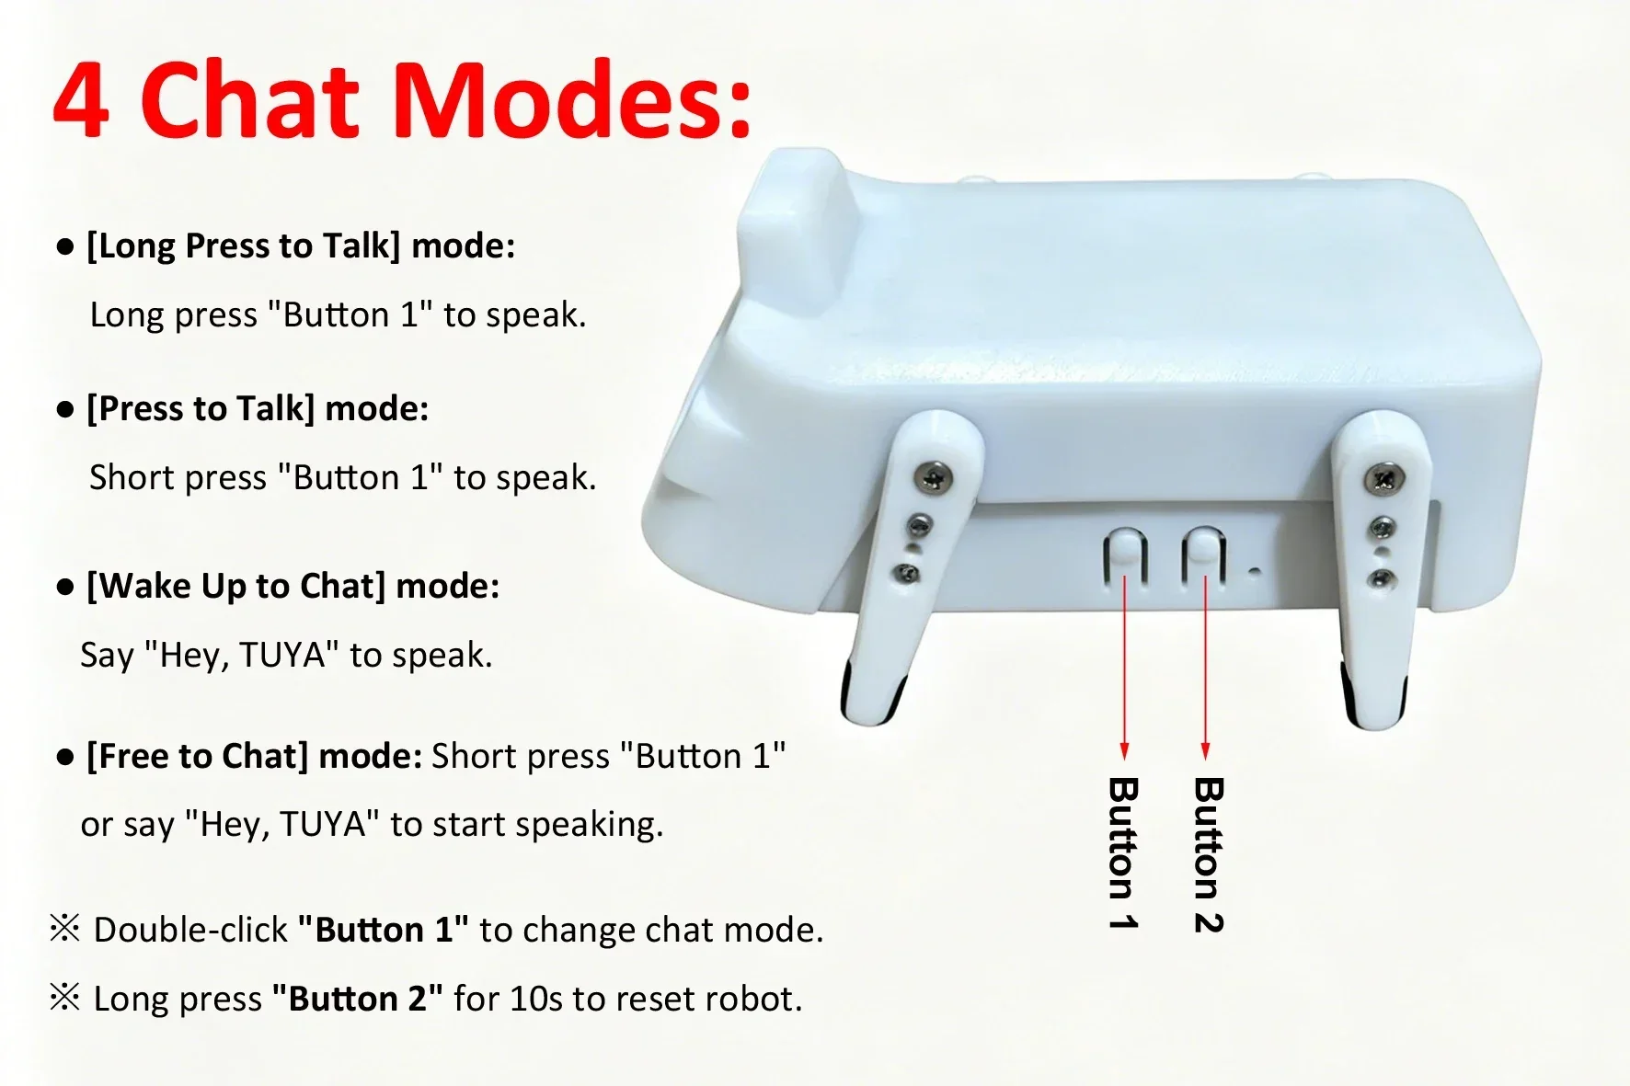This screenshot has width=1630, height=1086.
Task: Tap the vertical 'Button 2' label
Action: click(x=1208, y=855)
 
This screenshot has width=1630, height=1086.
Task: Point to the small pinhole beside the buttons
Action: click(x=1255, y=573)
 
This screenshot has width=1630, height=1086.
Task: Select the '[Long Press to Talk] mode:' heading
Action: click(x=301, y=246)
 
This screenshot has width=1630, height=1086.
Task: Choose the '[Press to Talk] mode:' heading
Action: click(x=258, y=409)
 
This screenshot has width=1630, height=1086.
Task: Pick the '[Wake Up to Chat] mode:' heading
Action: click(x=293, y=587)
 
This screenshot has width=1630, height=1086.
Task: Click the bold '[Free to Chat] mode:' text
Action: click(x=254, y=757)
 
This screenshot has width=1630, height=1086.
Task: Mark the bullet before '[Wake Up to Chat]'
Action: click(x=65, y=588)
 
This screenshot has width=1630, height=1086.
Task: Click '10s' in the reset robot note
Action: click(x=535, y=1000)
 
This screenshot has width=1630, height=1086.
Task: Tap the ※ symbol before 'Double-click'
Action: click(x=65, y=930)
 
